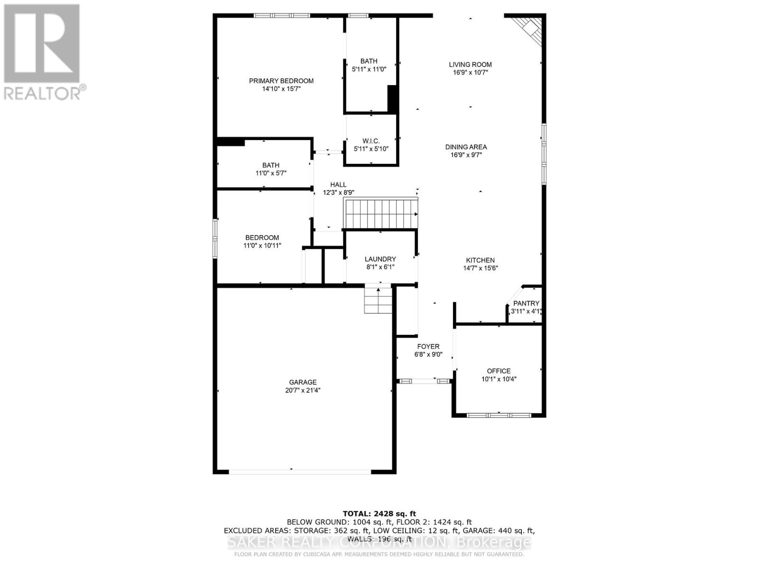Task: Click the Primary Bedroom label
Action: tap(281, 81)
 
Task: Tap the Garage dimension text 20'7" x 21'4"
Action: tap(303, 390)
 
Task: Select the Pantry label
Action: tap(526, 303)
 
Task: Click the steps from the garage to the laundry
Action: tap(379, 300)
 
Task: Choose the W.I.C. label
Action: tap(371, 141)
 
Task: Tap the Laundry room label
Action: tap(380, 259)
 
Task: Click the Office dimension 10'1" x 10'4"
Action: tap(499, 379)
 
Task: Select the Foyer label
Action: tap(428, 346)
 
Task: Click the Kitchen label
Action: tap(480, 260)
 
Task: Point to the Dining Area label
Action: tap(466, 147)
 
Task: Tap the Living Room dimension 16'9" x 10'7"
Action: tap(471, 73)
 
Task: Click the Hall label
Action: tap(338, 184)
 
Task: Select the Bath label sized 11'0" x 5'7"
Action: tap(271, 165)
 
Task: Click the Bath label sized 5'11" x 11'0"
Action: tap(369, 61)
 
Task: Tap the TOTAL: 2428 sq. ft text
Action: tap(379, 513)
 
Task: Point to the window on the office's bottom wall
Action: tap(498, 415)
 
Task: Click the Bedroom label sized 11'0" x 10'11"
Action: tap(262, 237)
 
